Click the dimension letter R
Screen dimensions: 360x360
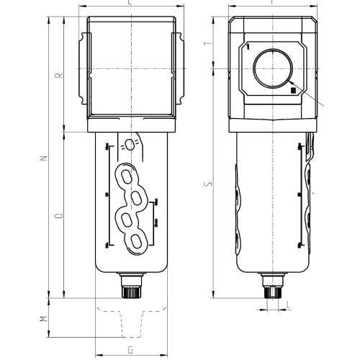[60, 73]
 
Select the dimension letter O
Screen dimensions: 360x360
[60, 215]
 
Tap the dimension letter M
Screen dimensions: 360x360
[42, 318]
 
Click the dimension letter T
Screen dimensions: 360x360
[209, 43]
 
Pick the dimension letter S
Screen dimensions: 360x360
[209, 184]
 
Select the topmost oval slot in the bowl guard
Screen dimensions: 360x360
[130, 177]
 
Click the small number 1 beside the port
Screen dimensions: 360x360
[247, 48]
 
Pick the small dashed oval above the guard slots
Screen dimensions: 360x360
[130, 143]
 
